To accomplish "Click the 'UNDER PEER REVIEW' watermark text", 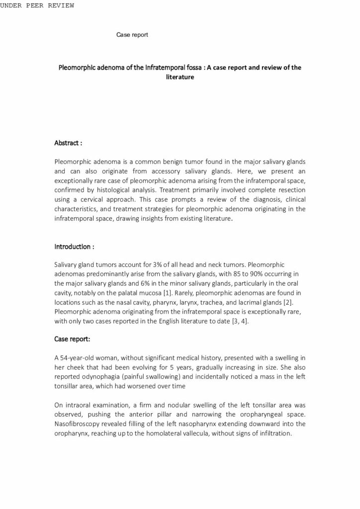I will [37, 5].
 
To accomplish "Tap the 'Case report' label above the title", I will [132, 35].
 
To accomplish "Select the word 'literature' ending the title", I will [180, 78].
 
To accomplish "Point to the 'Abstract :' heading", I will [68, 143].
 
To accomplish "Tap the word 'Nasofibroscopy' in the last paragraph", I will [78, 424].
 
